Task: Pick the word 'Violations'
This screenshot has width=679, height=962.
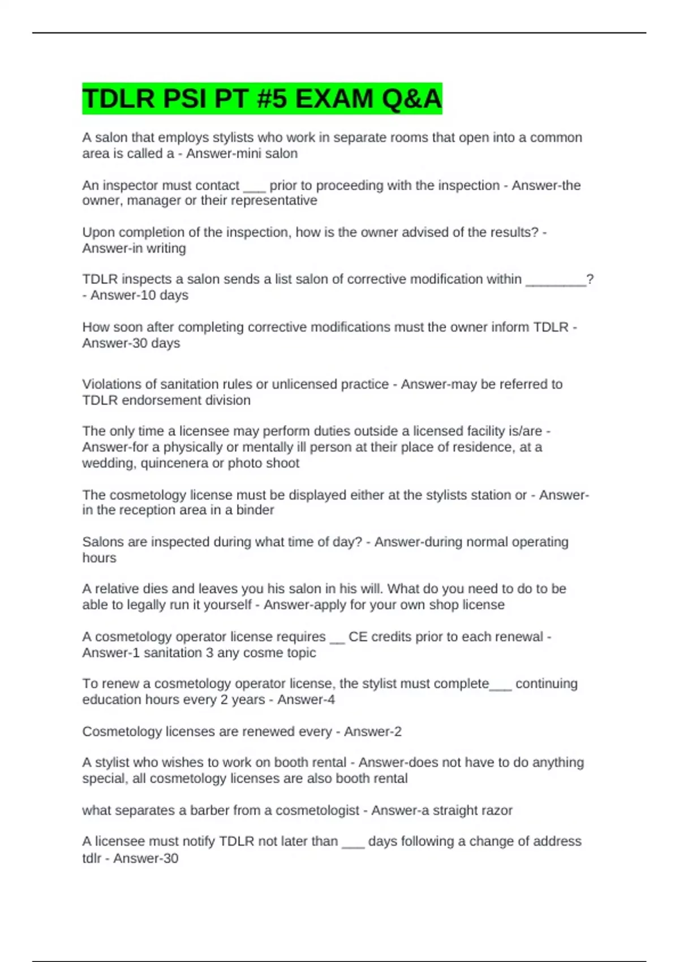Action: tap(112, 384)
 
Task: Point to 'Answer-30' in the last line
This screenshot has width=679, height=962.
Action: tap(145, 858)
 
